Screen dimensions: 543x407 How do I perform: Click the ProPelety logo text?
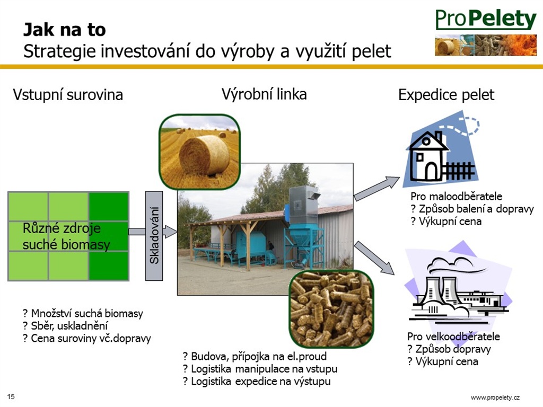[x=486, y=19]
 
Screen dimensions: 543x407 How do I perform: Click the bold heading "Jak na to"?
[x=64, y=30]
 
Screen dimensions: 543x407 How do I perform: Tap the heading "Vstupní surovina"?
[x=68, y=95]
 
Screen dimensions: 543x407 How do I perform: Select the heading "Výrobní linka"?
[x=264, y=94]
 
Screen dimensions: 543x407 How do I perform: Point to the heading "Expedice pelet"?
[x=446, y=95]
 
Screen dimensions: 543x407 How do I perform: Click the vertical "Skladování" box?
[x=154, y=236]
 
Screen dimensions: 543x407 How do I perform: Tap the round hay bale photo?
[x=200, y=152]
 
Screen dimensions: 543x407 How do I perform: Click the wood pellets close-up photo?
[x=332, y=309]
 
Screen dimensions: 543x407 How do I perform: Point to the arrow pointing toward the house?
[x=377, y=188]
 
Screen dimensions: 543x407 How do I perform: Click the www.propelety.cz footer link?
[x=495, y=397]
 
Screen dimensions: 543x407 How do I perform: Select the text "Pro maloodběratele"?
[x=456, y=196]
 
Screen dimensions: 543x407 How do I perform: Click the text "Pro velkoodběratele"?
[x=453, y=337]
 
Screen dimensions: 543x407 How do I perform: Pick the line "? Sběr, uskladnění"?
[x=65, y=326]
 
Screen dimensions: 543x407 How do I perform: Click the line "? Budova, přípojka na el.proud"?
[x=255, y=356]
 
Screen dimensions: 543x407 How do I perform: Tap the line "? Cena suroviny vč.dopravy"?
[x=87, y=339]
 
